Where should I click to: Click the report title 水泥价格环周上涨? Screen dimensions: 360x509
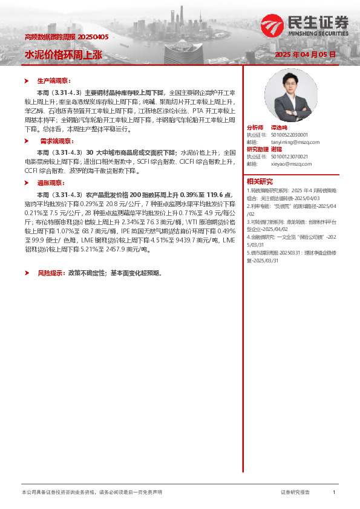63,54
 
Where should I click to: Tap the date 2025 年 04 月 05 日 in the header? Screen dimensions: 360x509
306,55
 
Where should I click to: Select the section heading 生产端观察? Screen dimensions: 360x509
54,80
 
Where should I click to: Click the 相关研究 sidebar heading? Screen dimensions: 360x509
260,181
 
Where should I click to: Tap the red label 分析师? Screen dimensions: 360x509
255,128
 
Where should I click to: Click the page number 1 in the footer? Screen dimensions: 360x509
333,493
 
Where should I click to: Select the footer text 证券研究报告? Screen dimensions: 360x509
295,493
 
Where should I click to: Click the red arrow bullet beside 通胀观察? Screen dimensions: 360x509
27,183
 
